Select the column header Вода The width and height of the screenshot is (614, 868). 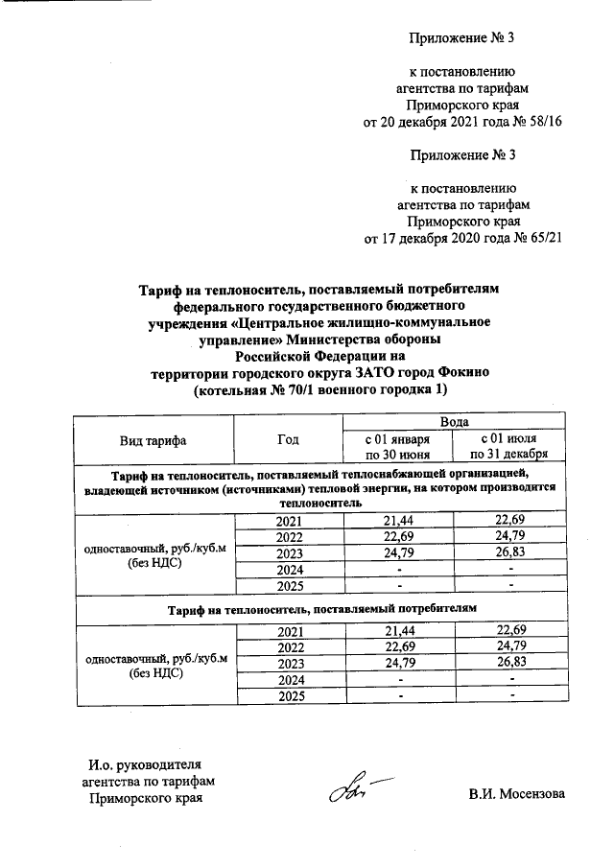(x=454, y=422)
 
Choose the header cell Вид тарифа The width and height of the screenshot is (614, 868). (x=153, y=440)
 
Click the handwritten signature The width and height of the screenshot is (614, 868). (x=350, y=792)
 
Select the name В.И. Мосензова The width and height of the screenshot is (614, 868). (x=517, y=794)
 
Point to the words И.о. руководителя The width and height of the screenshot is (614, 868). (x=145, y=764)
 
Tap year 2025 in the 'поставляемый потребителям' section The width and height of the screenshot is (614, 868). (x=288, y=695)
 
